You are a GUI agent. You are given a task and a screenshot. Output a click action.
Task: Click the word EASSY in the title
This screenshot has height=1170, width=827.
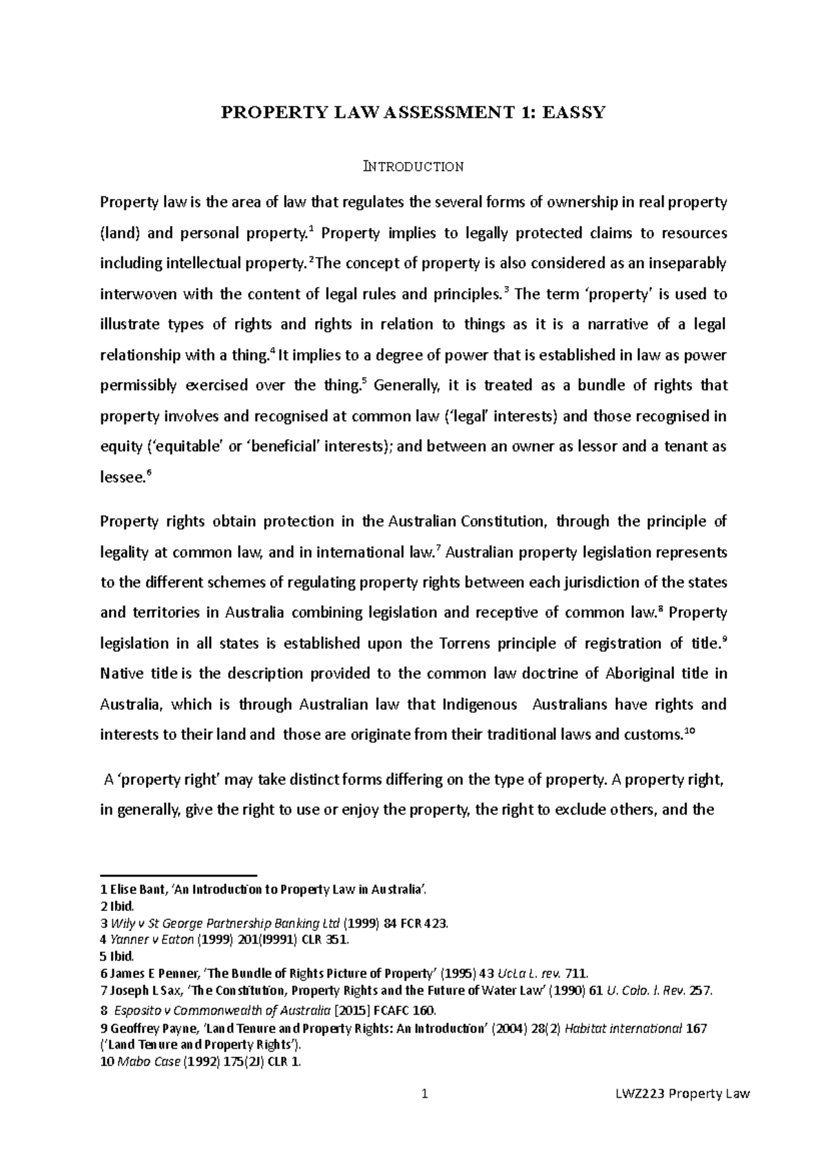coord(573,112)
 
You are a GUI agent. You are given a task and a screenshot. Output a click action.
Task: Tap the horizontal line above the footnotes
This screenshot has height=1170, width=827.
coord(178,872)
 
